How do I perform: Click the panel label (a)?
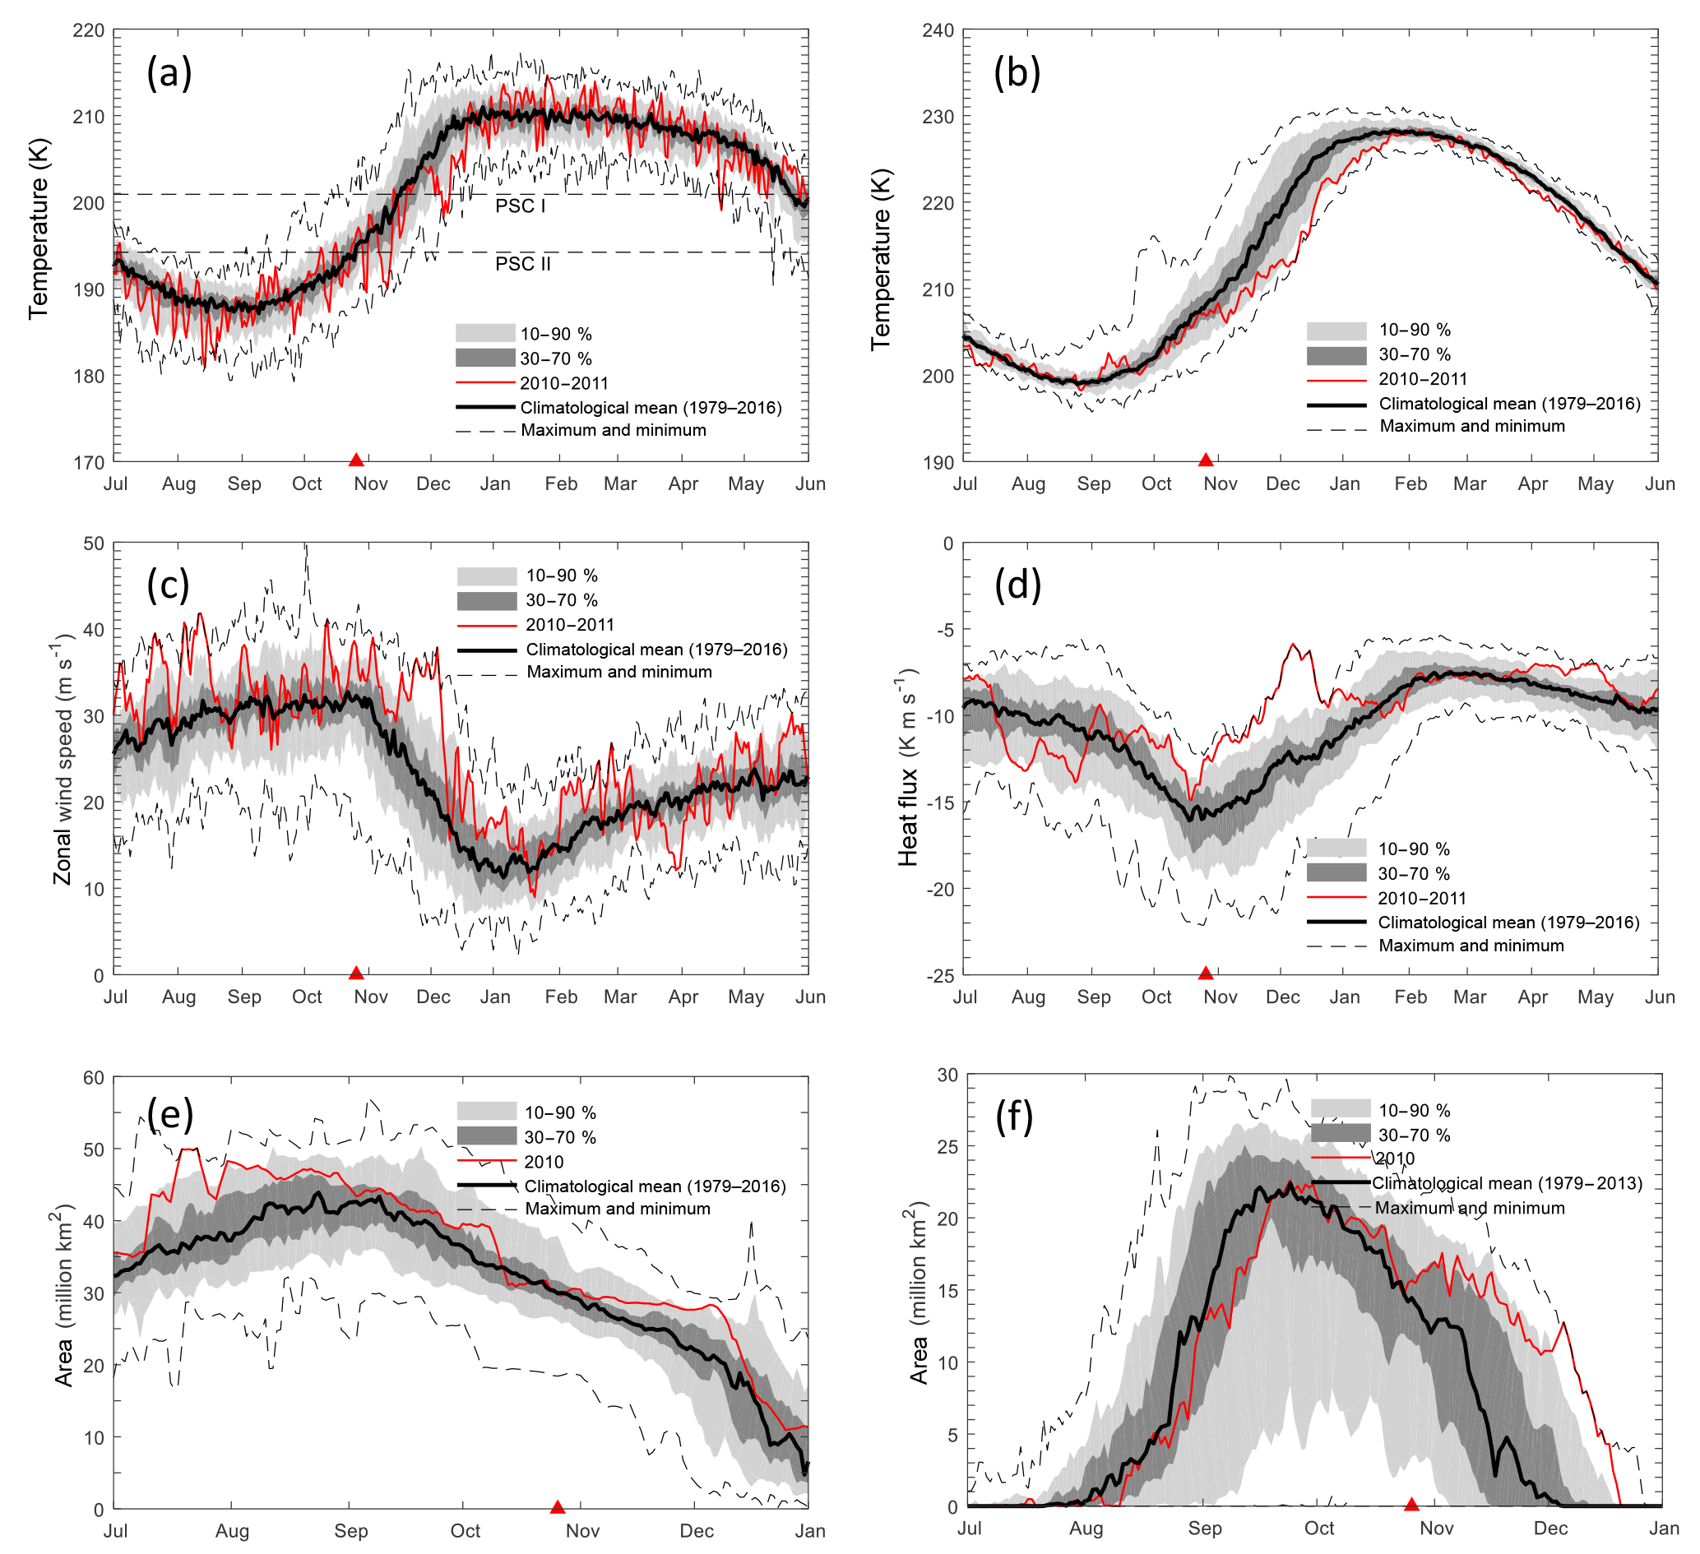click(x=169, y=73)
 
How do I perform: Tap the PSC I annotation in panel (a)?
click(x=521, y=206)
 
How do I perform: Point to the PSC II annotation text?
click(x=523, y=265)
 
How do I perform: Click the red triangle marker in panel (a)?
click(x=356, y=460)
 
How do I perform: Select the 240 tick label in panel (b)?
click(x=938, y=31)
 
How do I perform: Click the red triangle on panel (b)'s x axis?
click(x=1206, y=460)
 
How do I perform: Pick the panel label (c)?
click(x=168, y=585)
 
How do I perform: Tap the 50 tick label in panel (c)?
click(x=94, y=544)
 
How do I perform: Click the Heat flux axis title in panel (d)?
click(x=907, y=767)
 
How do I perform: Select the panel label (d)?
click(x=1018, y=585)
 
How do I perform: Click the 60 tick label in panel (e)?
click(x=94, y=1078)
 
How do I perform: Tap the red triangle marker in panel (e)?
click(x=558, y=1507)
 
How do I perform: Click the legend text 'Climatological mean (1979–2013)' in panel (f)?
click(x=1507, y=1183)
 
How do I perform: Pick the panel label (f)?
click(x=1014, y=1117)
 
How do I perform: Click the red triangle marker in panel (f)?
click(x=1411, y=1504)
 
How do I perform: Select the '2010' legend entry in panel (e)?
click(x=544, y=1162)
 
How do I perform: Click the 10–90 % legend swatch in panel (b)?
click(x=1336, y=331)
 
